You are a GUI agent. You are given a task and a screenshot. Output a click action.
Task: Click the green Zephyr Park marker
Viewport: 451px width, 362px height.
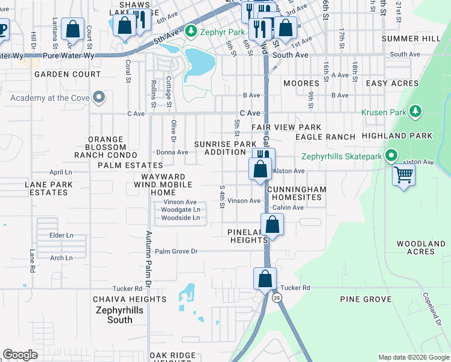click(x=191, y=30)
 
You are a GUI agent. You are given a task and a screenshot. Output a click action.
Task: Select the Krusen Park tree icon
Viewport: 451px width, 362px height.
click(x=415, y=112)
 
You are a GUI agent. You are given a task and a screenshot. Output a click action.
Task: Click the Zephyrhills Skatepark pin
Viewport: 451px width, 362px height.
click(x=391, y=156)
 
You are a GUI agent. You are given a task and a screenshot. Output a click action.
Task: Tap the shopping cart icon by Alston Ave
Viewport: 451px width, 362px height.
click(x=403, y=174)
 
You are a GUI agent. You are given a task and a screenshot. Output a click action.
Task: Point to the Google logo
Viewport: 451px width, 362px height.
click(x=20, y=355)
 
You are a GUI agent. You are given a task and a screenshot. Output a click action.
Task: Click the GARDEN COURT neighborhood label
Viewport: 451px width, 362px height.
click(x=68, y=74)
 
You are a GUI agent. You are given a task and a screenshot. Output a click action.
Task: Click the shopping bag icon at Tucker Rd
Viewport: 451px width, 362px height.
click(x=265, y=279)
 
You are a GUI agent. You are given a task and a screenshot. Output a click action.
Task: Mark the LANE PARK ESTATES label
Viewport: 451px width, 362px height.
click(x=46, y=188)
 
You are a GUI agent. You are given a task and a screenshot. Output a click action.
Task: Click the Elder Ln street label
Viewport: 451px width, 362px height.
click(x=61, y=235)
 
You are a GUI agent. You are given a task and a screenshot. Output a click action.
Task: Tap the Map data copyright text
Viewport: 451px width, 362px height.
click(x=413, y=357)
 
